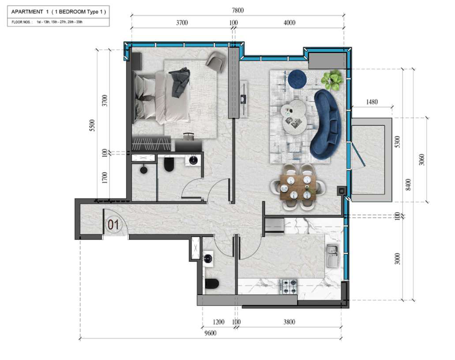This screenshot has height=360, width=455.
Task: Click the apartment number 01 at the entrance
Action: [x=113, y=224]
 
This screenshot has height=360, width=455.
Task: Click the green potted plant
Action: [x=333, y=80]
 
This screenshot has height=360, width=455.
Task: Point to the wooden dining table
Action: [x=298, y=187]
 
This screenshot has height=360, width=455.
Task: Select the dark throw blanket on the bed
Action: [x=180, y=82]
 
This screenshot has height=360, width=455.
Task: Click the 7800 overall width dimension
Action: [x=238, y=11]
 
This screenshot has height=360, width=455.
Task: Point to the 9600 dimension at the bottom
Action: [x=211, y=333]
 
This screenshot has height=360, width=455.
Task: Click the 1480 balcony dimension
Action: [x=372, y=102]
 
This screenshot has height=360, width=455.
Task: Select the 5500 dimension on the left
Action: [x=92, y=125]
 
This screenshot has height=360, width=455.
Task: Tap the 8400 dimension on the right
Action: [x=408, y=185]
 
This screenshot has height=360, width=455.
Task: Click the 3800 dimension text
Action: [x=290, y=322]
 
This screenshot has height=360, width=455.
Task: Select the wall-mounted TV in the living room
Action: [x=244, y=99]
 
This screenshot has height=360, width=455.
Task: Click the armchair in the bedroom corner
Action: [x=216, y=62]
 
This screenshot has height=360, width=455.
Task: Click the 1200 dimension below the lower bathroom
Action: [x=218, y=322]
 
